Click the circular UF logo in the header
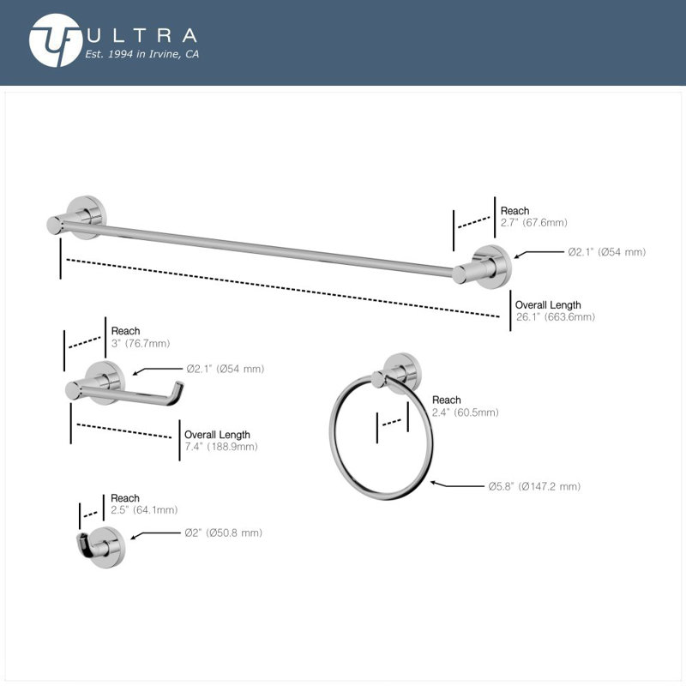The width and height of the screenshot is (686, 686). pos(56,40)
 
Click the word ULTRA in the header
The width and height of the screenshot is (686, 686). pos(141,35)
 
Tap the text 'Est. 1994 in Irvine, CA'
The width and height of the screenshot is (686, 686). pos(141,54)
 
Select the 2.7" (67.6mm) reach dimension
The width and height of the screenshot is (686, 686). pos(533,223)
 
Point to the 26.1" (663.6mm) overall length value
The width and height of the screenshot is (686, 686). pos(555,317)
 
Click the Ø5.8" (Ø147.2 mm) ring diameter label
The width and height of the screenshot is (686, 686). pos(534,486)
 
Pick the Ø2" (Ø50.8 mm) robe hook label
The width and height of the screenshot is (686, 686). pos(223,533)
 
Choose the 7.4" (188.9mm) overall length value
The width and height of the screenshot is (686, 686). pos(221,447)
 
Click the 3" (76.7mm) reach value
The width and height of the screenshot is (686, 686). pos(141,344)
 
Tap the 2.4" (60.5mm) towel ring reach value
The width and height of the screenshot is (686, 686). pos(465,412)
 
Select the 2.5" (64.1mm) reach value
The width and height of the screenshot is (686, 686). pos(144,510)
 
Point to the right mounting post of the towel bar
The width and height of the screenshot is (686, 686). pos(482,268)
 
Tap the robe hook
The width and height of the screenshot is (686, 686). pos(100,547)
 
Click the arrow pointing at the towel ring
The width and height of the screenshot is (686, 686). pos(457,484)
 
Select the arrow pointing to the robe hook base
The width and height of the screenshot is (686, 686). pos(155,534)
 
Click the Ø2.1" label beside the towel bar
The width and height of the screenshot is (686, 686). pos(607,252)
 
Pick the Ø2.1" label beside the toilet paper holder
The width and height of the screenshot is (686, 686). pos(226,369)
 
